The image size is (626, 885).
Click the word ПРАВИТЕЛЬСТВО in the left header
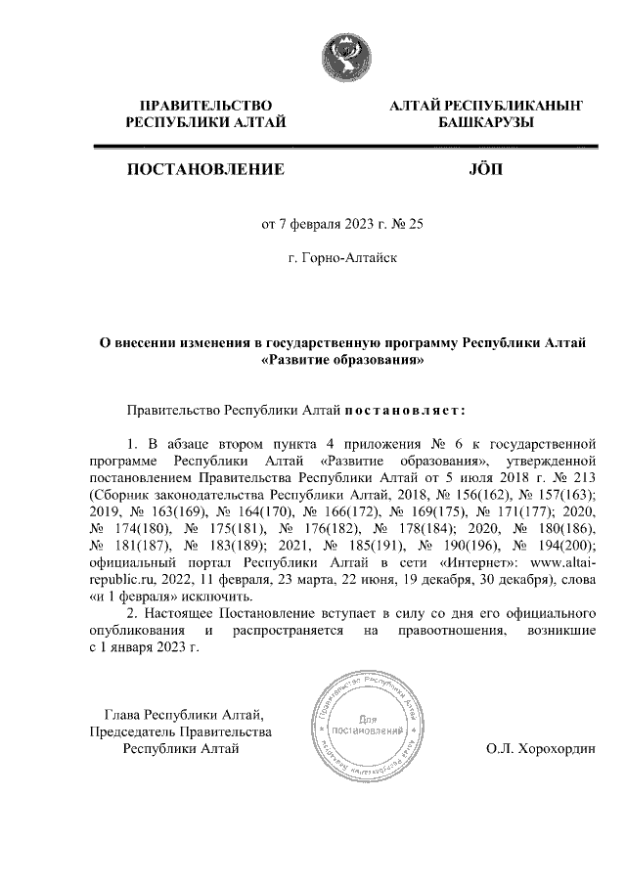click(204, 105)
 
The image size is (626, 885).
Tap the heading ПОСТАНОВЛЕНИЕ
click(205, 170)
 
